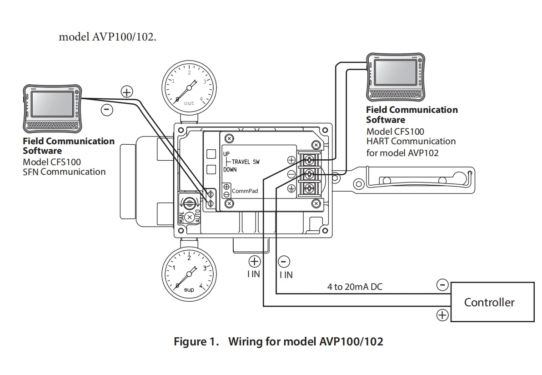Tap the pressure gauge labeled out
(x=189, y=87)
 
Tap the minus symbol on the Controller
(x=442, y=285)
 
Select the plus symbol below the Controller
(x=442, y=315)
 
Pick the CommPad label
(x=245, y=191)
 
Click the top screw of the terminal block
(x=309, y=160)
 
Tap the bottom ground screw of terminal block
(x=309, y=188)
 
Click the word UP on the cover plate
(x=226, y=154)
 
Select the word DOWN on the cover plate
(x=230, y=169)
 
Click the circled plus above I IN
(x=254, y=262)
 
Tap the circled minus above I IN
(x=283, y=262)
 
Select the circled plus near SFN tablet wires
(x=126, y=92)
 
